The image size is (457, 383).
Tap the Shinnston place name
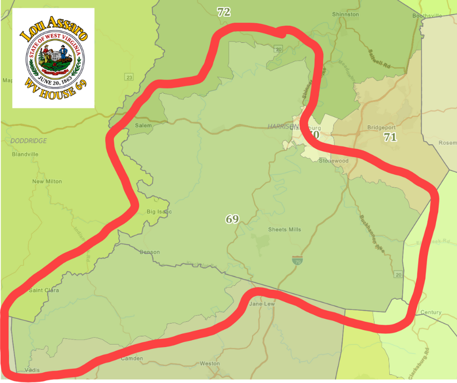[345, 14]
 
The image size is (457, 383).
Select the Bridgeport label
[381, 128]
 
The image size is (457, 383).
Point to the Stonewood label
[334, 161]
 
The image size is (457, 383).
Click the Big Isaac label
[159, 212]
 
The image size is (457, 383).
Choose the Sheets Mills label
[284, 229]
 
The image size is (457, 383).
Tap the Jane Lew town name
[262, 304]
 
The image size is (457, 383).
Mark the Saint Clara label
[44, 291]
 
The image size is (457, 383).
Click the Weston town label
[210, 364]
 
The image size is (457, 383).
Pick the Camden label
[132, 359]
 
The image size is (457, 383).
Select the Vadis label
[32, 370]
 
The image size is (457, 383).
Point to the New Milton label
[47, 181]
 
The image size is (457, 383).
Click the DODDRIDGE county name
[29, 141]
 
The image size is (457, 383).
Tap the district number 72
[224, 13]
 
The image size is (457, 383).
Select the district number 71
[390, 138]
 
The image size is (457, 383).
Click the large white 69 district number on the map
[232, 219]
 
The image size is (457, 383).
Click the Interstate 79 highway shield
[296, 261]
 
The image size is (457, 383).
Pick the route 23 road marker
[129, 77]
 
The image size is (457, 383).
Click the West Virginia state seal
[53, 57]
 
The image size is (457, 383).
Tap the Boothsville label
[427, 16]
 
